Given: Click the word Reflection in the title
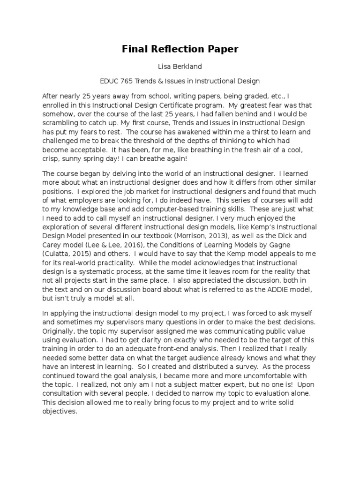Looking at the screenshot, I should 180,49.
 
